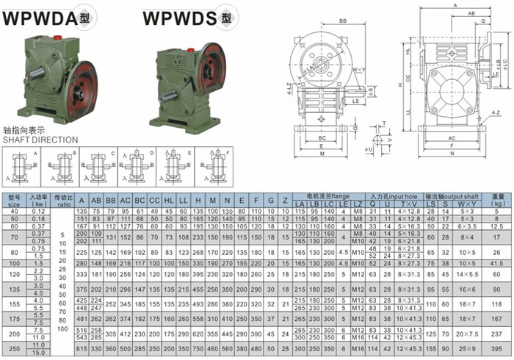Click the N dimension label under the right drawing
[451, 154]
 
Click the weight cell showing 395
[496, 347]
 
